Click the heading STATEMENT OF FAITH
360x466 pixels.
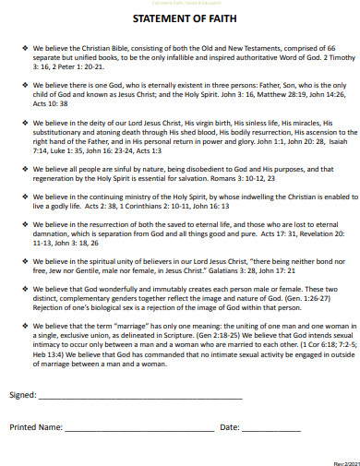click(x=180, y=18)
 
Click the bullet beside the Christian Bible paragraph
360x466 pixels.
click(x=25, y=45)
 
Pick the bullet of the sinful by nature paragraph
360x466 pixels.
click(x=25, y=170)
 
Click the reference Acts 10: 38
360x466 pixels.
click(x=52, y=103)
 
